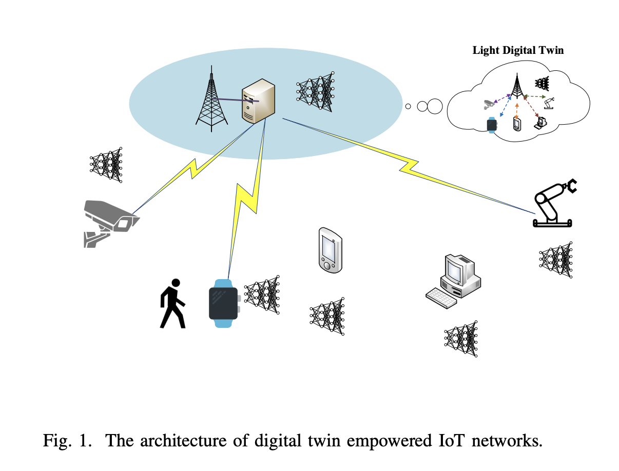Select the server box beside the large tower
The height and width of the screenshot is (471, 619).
click(x=258, y=101)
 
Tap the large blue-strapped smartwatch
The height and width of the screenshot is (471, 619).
click(x=224, y=303)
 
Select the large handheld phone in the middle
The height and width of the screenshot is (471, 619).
click(x=330, y=249)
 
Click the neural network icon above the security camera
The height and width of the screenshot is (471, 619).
click(x=106, y=165)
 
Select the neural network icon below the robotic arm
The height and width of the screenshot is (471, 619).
click(x=556, y=259)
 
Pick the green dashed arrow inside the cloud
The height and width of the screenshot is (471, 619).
click(x=536, y=96)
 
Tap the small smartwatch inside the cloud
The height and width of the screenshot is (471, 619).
click(x=492, y=125)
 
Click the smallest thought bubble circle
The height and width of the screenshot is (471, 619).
click(x=408, y=106)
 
